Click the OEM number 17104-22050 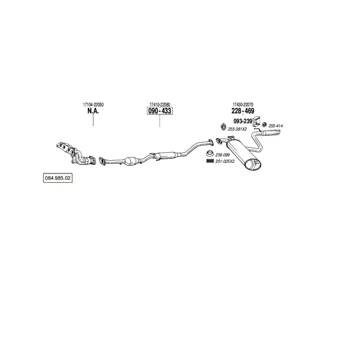pyautogui.click(x=93, y=105)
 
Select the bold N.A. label pyautogui.click(x=93, y=111)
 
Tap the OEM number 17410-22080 pyautogui.click(x=160, y=105)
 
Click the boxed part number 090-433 pyautogui.click(x=160, y=111)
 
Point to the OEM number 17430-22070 pyautogui.click(x=243, y=105)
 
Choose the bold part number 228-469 pyautogui.click(x=243, y=111)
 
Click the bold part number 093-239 pyautogui.click(x=243, y=121)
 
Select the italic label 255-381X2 pyautogui.click(x=238, y=129)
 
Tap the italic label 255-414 pyautogui.click(x=276, y=126)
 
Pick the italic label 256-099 pyautogui.click(x=222, y=155)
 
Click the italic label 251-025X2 pyautogui.click(x=225, y=162)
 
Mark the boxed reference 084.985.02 pyautogui.click(x=58, y=178)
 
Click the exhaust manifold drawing pyautogui.click(x=76, y=153)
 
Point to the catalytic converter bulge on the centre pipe pyautogui.click(x=132, y=161)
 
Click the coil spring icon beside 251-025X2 pyautogui.click(x=210, y=161)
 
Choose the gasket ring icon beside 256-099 pyautogui.click(x=210, y=153)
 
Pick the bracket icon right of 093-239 pyautogui.click(x=256, y=121)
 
